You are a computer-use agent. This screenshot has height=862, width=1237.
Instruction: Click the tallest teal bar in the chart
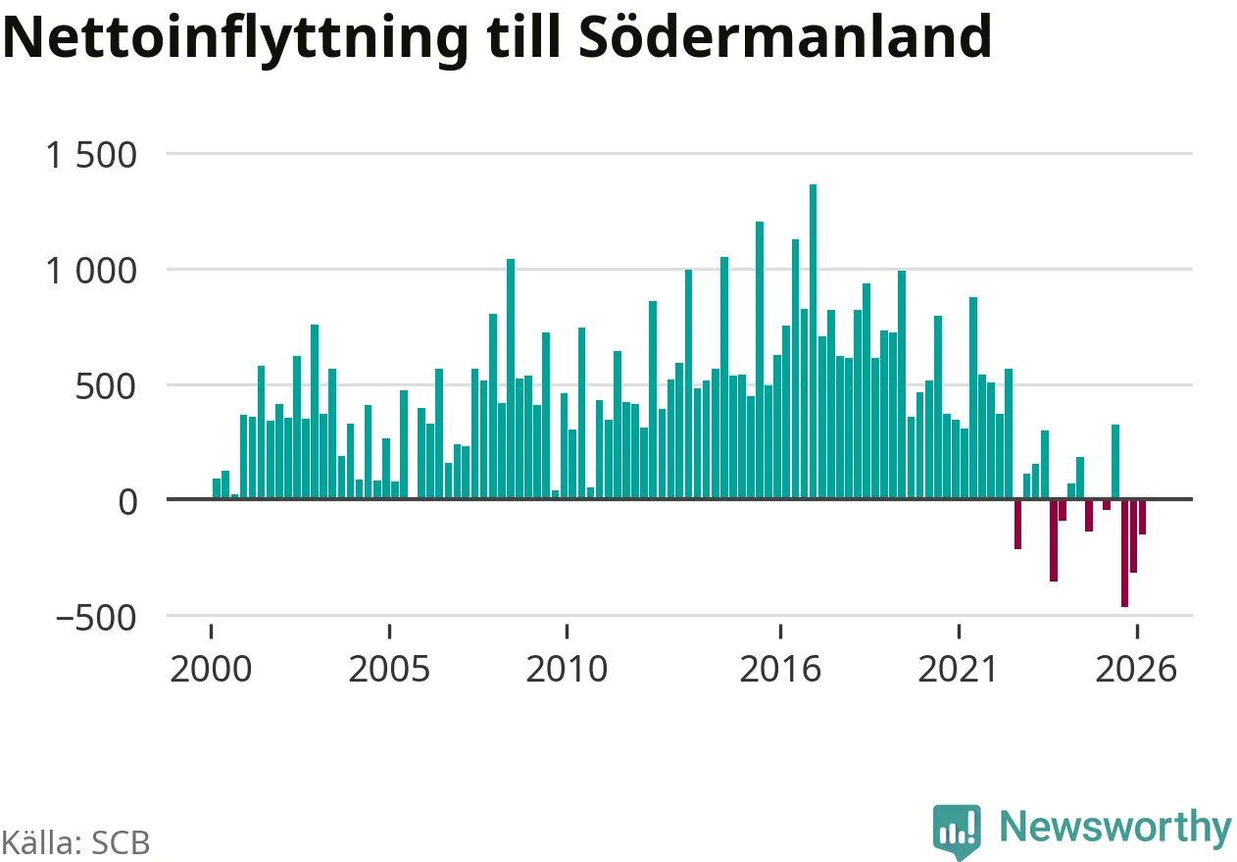(x=813, y=341)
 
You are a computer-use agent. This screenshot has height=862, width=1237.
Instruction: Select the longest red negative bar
(x=1124, y=553)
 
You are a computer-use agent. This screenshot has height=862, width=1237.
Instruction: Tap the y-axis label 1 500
(x=91, y=155)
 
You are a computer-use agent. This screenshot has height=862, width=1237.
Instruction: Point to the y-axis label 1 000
(x=91, y=271)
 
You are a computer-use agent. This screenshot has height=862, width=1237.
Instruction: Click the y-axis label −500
(x=96, y=617)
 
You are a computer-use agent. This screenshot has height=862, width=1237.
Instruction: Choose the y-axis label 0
(x=127, y=502)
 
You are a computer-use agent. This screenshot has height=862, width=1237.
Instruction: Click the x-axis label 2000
(x=211, y=669)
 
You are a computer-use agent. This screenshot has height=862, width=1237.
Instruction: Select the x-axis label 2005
(x=389, y=669)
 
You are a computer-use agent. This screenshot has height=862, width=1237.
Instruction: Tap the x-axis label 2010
(x=568, y=669)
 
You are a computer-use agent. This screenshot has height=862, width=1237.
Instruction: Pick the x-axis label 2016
(x=780, y=669)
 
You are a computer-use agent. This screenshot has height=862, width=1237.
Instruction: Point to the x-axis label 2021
(x=958, y=669)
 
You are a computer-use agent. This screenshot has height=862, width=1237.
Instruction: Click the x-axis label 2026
(x=1136, y=669)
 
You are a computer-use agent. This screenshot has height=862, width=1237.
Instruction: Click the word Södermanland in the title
(x=785, y=36)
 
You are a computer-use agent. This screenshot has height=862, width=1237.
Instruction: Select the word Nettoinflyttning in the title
(x=236, y=40)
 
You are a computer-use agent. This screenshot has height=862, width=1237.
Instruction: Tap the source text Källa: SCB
(x=75, y=842)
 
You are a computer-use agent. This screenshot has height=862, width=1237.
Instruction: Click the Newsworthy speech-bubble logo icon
(x=957, y=831)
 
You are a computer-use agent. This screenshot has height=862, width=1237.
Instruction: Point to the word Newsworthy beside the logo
(x=1116, y=828)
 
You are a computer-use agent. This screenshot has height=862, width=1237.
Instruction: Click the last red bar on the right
(x=1142, y=517)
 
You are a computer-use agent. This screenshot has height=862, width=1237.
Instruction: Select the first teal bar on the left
(x=217, y=488)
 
